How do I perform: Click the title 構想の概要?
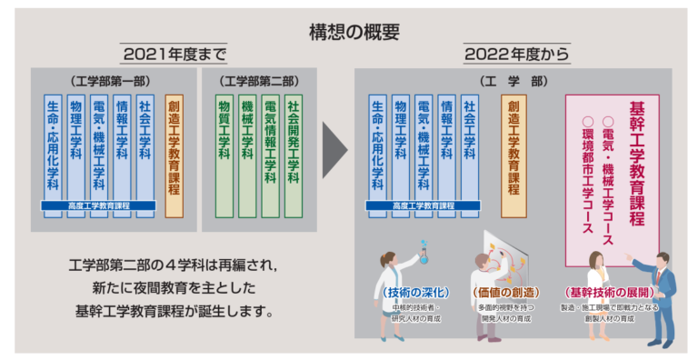pyautogui.click(x=349, y=31)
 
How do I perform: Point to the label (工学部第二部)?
pyautogui.click(x=264, y=81)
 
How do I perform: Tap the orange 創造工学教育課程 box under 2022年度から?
pyautogui.click(x=514, y=150)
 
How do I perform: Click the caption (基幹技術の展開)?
pyautogui.click(x=598, y=293)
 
